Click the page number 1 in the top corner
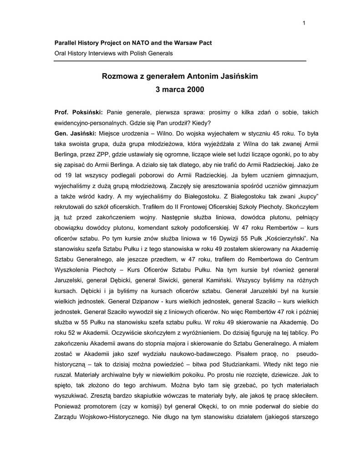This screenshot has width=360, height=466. coord(304,23)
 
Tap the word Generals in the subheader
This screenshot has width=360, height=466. coord(160,53)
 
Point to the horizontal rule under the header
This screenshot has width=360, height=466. coord(180,61)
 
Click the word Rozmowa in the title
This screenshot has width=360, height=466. coord(118,76)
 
